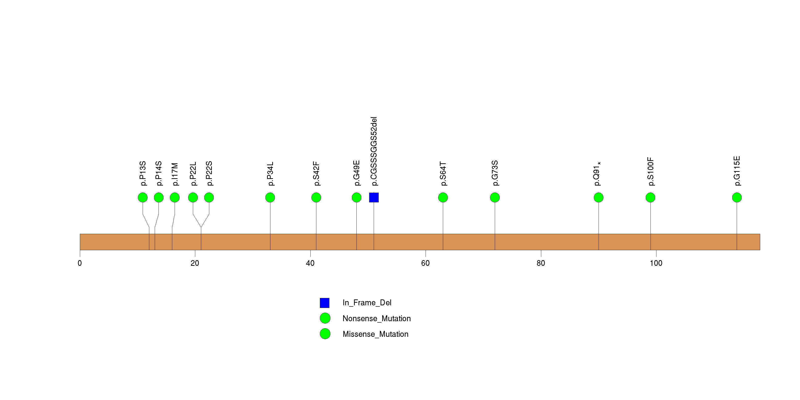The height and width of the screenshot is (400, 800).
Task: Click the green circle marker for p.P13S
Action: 143,198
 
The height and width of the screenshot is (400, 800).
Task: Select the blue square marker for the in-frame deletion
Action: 374,198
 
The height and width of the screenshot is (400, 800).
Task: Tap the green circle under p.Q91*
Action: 598,198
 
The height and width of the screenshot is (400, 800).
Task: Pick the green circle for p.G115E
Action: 737,198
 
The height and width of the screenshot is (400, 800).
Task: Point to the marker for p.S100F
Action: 650,198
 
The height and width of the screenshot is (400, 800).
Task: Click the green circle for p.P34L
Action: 270,198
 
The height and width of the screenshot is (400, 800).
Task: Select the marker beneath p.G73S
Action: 495,198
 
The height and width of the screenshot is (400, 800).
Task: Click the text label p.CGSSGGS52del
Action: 374,151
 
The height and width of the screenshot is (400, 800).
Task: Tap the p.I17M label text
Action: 175,174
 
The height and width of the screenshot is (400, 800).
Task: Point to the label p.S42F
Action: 316,174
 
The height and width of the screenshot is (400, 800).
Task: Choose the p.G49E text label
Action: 357,173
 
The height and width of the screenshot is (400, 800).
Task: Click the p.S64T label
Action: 443,174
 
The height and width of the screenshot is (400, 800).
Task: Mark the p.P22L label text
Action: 193,174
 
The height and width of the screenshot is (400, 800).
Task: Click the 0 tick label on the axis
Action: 80,263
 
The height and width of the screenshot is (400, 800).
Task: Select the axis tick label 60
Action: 425,263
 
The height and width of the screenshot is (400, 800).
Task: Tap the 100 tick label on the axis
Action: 656,263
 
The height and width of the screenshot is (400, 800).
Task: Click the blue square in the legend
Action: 325,303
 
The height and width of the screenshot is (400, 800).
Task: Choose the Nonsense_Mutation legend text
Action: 376,318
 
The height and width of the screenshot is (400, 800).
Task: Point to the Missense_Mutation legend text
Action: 375,334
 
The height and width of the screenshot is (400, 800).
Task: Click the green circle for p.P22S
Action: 209,198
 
